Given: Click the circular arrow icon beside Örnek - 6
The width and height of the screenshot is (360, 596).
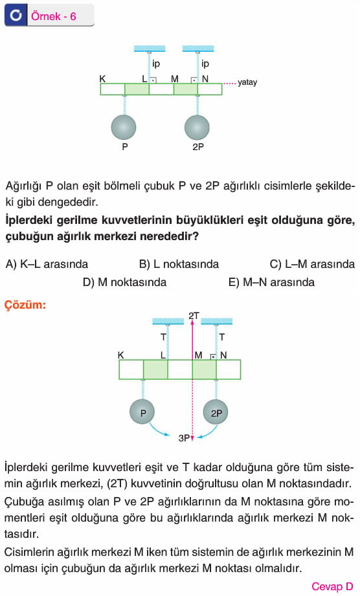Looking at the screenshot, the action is pyautogui.click(x=16, y=15).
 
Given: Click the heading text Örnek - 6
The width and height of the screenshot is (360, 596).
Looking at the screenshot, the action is pyautogui.click(x=54, y=16).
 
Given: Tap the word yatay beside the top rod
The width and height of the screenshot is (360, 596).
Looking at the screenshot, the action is pyautogui.click(x=247, y=82).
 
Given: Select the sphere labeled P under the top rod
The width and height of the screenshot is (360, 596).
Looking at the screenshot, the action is pyautogui.click(x=124, y=127).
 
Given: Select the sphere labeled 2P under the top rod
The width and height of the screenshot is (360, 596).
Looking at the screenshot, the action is pyautogui.click(x=197, y=127).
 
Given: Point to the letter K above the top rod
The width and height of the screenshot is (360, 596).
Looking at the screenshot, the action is pyautogui.click(x=102, y=79).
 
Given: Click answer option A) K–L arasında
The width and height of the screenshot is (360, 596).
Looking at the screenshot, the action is pyautogui.click(x=47, y=264).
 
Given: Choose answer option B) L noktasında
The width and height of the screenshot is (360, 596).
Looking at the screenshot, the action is pyautogui.click(x=179, y=264).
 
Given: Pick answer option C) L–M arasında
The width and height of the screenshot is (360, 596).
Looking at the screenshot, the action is pyautogui.click(x=312, y=264).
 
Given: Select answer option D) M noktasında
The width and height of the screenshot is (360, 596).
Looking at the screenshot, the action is pyautogui.click(x=125, y=282).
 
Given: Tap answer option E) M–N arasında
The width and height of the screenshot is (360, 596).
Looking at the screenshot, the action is pyautogui.click(x=271, y=282).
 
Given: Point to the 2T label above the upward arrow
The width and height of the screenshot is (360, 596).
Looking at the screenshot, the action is pyautogui.click(x=194, y=316).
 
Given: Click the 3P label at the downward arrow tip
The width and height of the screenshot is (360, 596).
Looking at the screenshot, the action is pyautogui.click(x=184, y=438).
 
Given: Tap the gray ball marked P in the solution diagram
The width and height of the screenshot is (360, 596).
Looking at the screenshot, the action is pyautogui.click(x=143, y=412).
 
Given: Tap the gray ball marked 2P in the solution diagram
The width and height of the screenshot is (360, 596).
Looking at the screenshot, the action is pyautogui.click(x=216, y=412).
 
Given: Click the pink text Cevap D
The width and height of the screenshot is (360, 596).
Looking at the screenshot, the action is pyautogui.click(x=332, y=586).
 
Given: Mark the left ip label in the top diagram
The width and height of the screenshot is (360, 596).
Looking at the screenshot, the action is pyautogui.click(x=156, y=64).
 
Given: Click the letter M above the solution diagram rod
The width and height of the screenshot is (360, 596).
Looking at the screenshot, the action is pyautogui.click(x=198, y=355).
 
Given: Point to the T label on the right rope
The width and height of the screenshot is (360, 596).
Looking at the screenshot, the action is pyautogui.click(x=221, y=337).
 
